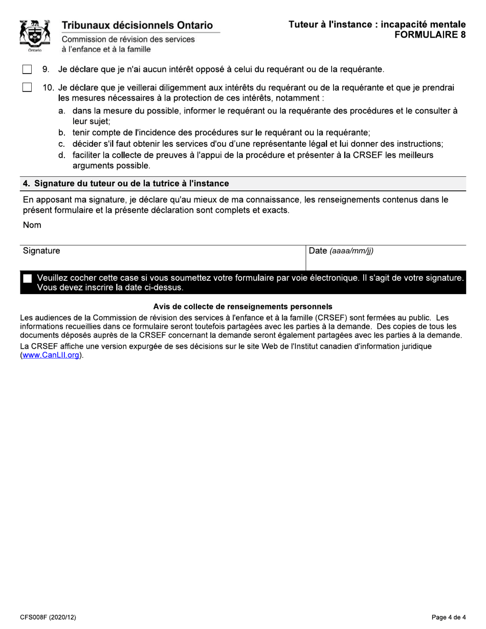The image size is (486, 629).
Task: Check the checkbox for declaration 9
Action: point(27,69)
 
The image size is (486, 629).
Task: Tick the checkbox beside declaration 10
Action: point(27,87)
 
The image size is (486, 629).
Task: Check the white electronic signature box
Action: point(28,278)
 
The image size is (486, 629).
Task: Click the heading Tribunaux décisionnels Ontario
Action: point(137,25)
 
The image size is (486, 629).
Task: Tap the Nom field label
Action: point(32,225)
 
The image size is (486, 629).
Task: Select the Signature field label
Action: point(41,251)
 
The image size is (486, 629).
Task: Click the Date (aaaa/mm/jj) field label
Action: point(341,251)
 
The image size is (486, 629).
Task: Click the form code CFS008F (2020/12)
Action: point(48,617)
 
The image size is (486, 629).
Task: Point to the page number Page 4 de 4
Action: point(449,617)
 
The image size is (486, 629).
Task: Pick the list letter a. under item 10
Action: point(61,110)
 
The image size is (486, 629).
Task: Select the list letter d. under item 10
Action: point(61,155)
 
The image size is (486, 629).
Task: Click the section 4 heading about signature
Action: point(126,183)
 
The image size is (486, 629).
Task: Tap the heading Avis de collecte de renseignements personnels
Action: point(243,307)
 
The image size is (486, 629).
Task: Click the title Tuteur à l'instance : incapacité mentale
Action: point(377,24)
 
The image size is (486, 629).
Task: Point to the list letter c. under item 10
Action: point(61,144)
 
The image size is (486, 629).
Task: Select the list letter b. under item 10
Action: point(61,132)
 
